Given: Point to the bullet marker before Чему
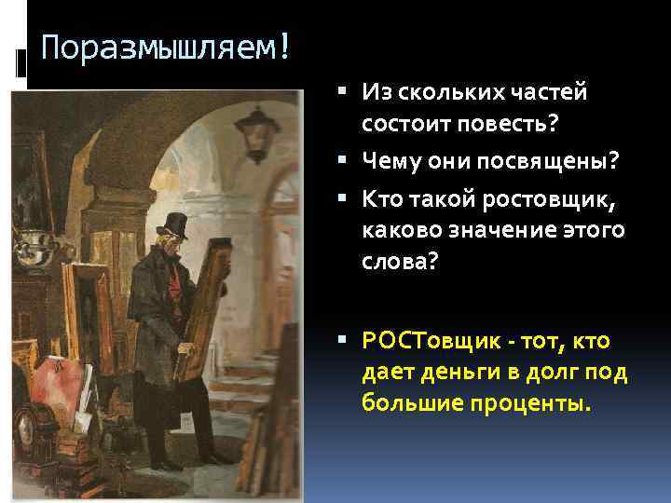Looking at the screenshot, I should coord(347,162).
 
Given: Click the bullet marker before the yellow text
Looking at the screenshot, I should coord(347,342).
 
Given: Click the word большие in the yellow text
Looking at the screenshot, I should coord(408,405).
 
